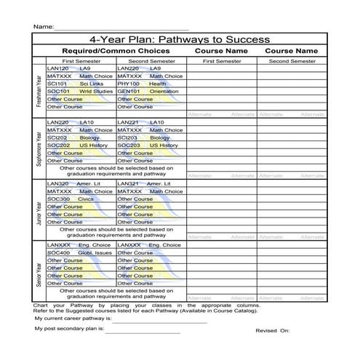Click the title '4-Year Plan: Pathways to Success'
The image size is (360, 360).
[x=179, y=39]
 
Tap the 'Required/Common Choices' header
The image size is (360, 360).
[x=116, y=52]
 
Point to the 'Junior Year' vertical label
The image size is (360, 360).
[x=39, y=210]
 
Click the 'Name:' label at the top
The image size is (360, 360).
[x=43, y=27]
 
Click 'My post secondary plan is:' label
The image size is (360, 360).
[x=69, y=328]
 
